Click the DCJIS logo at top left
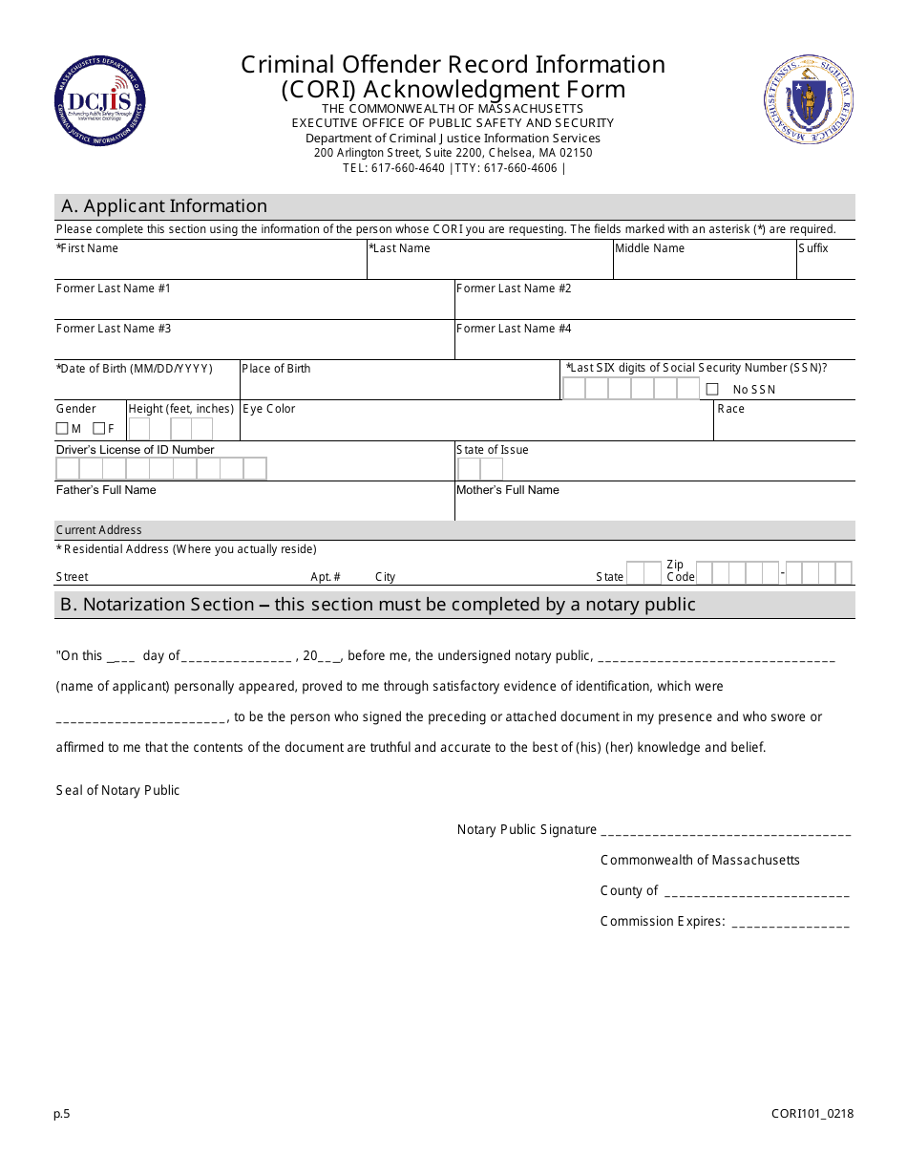tap(100, 101)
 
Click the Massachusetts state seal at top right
tap(809, 100)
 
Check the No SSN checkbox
tap(712, 389)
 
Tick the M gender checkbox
tap(62, 429)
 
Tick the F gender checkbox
tap(98, 429)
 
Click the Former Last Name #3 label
tap(114, 329)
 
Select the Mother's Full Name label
tap(508, 490)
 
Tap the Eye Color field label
tap(269, 409)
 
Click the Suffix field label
tap(813, 248)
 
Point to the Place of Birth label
tap(276, 369)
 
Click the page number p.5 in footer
tap(62, 1113)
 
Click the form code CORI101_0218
tap(812, 1113)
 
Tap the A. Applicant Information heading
tap(164, 206)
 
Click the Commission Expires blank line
tap(791, 924)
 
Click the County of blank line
tap(756, 893)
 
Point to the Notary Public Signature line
tap(727, 832)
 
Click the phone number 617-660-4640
tap(408, 168)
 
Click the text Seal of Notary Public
tap(117, 790)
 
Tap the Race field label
tap(730, 409)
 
